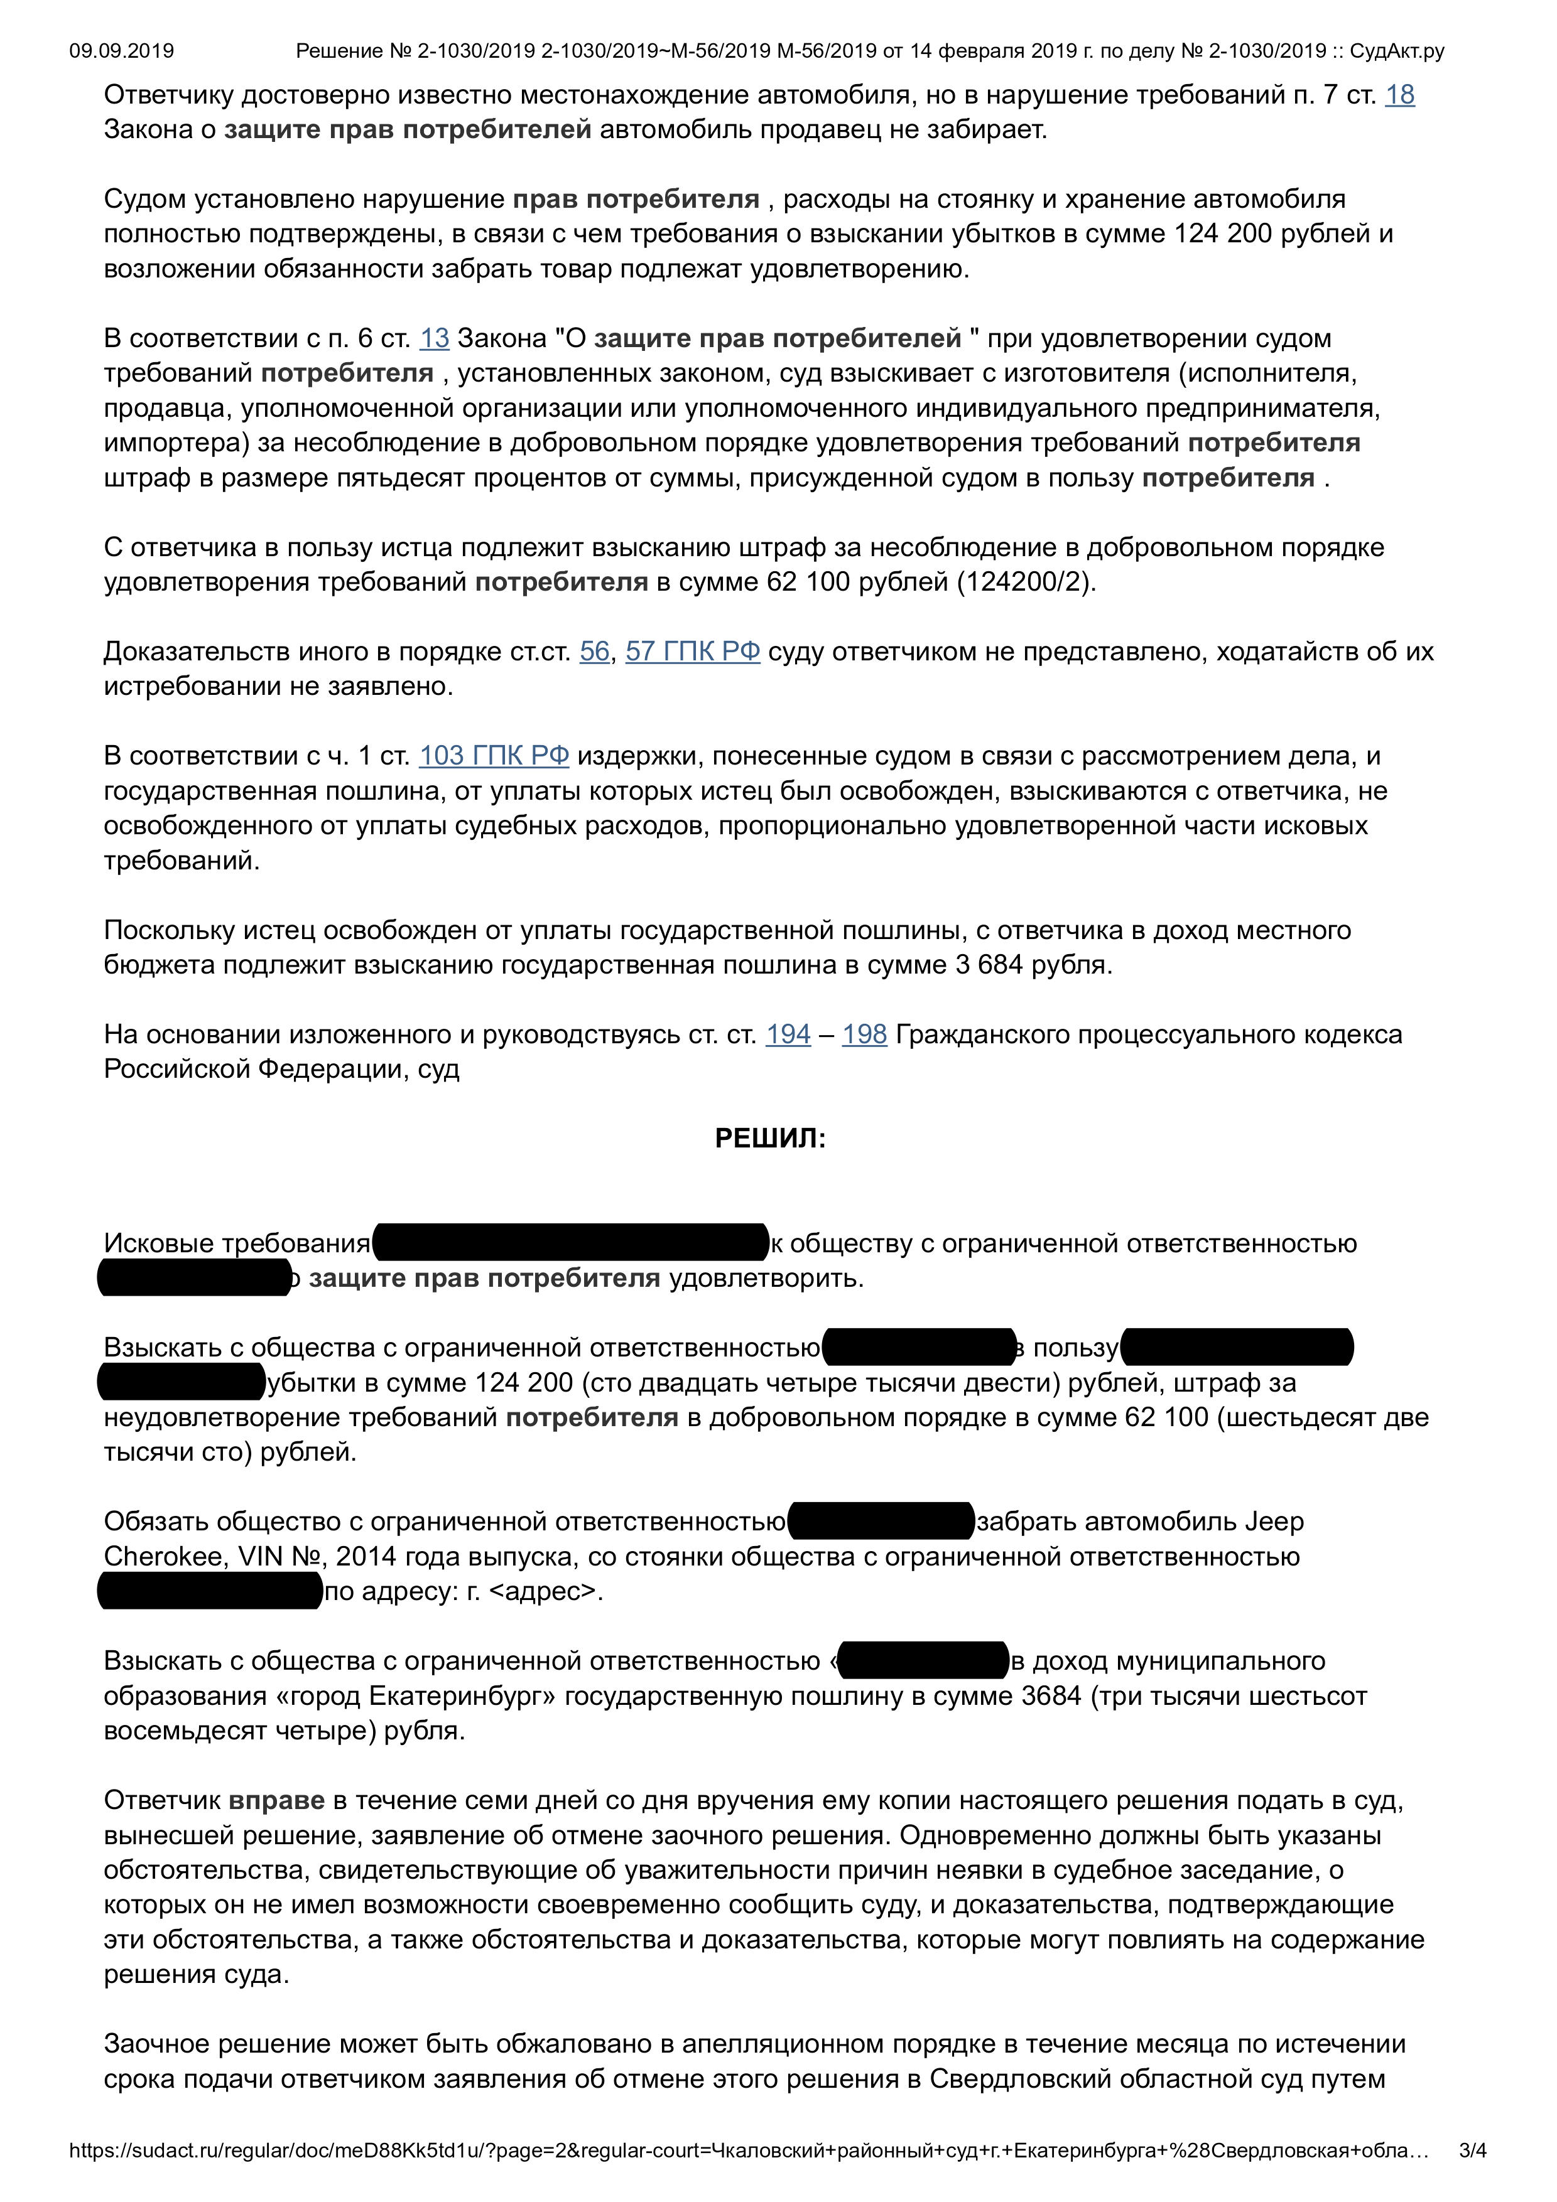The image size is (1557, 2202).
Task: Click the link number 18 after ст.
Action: click(1400, 95)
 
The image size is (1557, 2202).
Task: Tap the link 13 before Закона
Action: click(433, 338)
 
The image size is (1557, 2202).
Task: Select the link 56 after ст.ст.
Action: click(594, 652)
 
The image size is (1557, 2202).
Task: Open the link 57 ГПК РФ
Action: click(693, 652)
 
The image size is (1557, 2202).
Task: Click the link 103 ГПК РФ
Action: click(494, 756)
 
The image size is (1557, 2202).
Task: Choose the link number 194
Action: click(788, 1035)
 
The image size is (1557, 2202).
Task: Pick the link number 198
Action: click(864, 1035)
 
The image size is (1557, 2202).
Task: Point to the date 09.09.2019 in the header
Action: click(122, 51)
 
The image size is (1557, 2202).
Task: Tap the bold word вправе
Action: click(276, 1800)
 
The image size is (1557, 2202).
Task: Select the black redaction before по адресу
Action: click(210, 1592)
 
